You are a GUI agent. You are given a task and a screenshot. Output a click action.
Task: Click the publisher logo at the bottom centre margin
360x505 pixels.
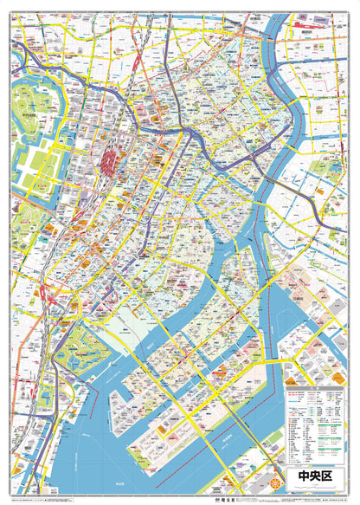click(x=180, y=500)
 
